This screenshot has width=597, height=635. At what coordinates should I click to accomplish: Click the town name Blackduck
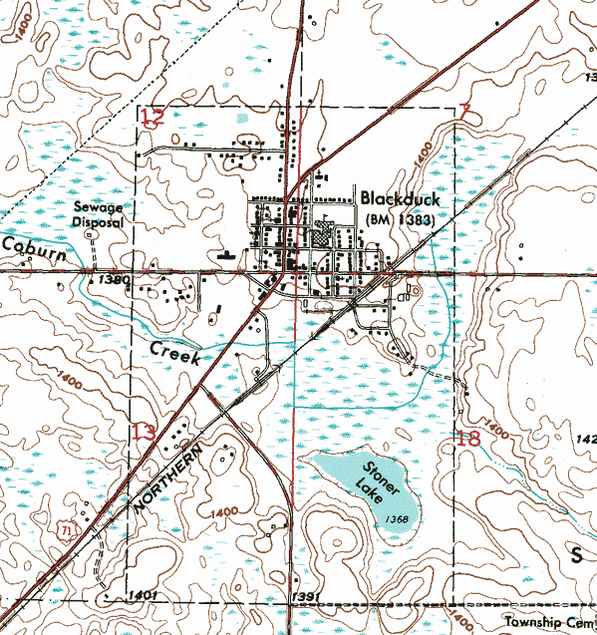coord(400,199)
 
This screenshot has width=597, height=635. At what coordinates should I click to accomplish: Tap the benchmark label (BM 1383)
coord(400,219)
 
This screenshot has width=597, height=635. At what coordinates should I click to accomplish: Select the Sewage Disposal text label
coord(98,216)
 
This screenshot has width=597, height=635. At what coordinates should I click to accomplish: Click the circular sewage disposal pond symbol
coord(89,234)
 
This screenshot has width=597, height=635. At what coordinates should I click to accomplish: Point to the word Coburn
coord(33,250)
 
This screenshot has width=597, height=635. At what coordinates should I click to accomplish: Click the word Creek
coord(175,351)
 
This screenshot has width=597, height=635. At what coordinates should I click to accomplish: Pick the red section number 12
coord(152,120)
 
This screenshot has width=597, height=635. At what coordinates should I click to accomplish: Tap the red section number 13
coord(144,432)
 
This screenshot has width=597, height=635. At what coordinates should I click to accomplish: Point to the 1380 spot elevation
coord(115,281)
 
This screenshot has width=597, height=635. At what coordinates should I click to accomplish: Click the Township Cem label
coord(548,619)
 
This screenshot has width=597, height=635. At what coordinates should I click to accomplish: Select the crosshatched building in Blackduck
coord(321,238)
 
